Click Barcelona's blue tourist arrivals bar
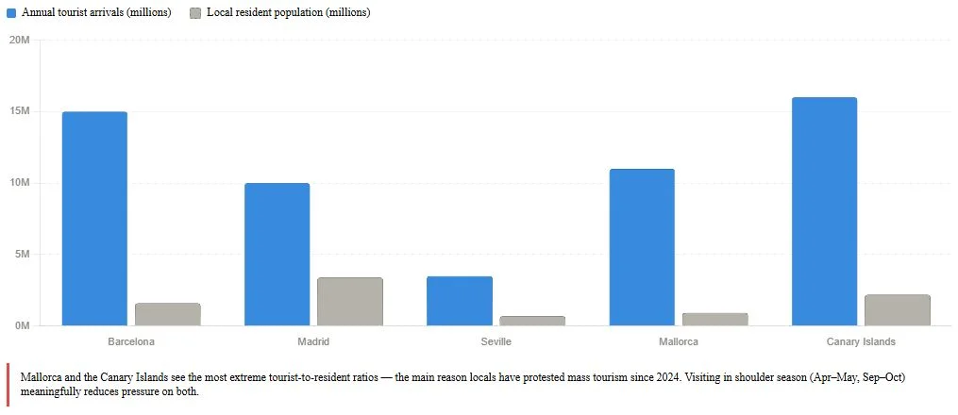click(94, 218)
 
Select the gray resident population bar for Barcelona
click(167, 314)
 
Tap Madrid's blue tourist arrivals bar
click(277, 254)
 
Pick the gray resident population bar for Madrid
click(349, 301)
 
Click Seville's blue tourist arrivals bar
click(460, 300)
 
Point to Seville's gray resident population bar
click(532, 321)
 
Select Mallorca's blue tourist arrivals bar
click(642, 246)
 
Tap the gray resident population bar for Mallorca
click(714, 319)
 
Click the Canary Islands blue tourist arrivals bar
click(824, 211)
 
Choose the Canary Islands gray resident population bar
click(897, 309)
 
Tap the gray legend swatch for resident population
click(195, 13)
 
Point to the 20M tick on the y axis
click(20, 40)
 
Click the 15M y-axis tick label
click(20, 111)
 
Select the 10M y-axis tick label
click(20, 183)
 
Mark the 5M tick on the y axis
click(23, 254)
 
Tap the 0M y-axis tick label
click(23, 325)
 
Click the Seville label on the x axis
click(496, 341)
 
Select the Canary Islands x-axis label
click(861, 341)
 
